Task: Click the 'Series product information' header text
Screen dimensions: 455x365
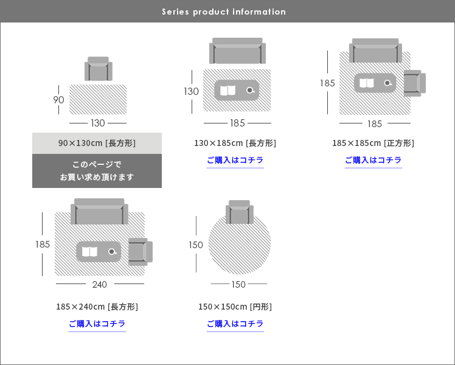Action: [x=224, y=12]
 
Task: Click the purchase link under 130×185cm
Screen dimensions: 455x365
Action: [x=235, y=160]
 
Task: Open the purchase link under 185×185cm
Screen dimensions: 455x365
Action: [x=373, y=160]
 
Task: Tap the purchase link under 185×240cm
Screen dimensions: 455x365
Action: [x=97, y=324]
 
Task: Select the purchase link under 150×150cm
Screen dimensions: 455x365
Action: [x=235, y=324]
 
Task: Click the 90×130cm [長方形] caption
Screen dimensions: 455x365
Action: [x=97, y=143]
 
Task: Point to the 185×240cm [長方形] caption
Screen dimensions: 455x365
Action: [x=97, y=307]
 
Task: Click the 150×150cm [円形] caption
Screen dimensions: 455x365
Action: [x=235, y=307]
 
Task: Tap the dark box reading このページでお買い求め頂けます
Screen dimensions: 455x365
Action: [x=97, y=171]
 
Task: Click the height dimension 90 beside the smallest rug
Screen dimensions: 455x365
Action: [x=58, y=100]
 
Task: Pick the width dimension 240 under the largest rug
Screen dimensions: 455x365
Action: [x=100, y=285]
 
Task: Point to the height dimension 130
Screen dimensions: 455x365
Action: [x=191, y=91]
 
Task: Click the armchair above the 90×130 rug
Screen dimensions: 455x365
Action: [x=99, y=69]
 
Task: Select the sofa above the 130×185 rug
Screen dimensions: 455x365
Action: [x=237, y=50]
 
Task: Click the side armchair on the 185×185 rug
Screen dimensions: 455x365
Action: [x=415, y=83]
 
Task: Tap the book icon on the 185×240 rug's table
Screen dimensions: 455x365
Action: [x=89, y=252]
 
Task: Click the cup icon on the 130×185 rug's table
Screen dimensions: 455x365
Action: [x=251, y=90]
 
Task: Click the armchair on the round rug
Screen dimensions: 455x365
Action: [x=240, y=212]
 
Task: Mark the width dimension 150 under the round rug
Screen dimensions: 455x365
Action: [x=238, y=285]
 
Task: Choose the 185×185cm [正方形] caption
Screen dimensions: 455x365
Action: [x=373, y=143]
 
